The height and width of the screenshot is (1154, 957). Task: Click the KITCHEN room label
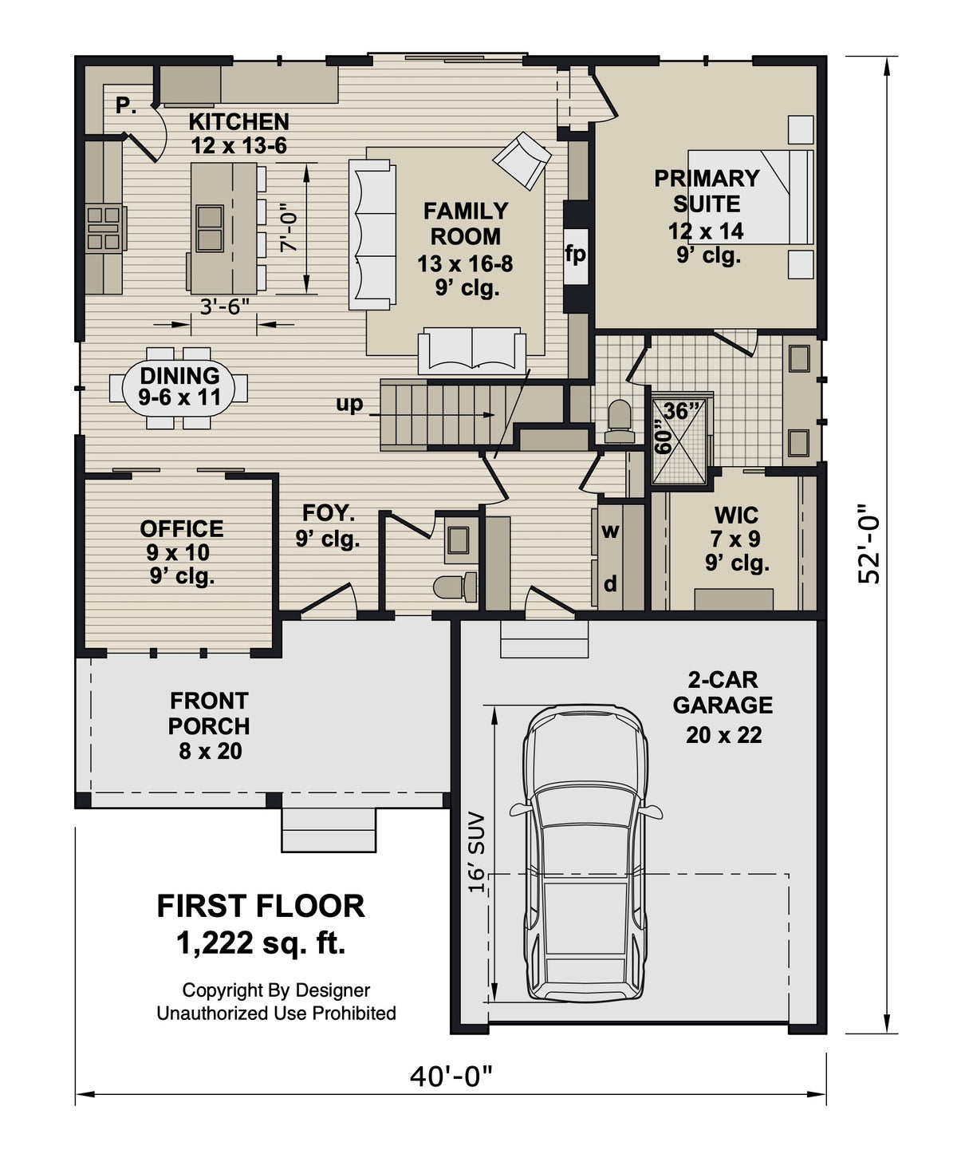point(238,122)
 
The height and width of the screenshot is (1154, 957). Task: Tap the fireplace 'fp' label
point(575,254)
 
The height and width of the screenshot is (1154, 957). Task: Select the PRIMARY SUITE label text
point(707,191)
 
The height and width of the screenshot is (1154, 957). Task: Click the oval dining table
point(179,387)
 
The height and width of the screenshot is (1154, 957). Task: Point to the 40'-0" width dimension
point(451,1077)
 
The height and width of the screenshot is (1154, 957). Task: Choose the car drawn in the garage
point(585,853)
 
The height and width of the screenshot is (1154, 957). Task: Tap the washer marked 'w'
point(610,531)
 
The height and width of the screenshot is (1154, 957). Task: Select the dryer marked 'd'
point(610,584)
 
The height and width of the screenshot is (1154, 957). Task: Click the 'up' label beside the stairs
point(349,404)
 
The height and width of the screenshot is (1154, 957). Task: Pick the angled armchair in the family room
point(522,160)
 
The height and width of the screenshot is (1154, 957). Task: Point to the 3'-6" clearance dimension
point(225,306)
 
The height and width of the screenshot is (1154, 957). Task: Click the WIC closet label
point(736,515)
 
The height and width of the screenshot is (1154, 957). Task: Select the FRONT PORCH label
point(209,713)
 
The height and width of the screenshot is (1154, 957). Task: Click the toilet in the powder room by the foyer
point(453,587)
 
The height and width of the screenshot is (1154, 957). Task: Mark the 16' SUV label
point(476,852)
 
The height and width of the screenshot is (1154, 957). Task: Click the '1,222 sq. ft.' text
point(261,943)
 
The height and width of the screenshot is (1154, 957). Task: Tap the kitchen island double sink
point(210,228)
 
